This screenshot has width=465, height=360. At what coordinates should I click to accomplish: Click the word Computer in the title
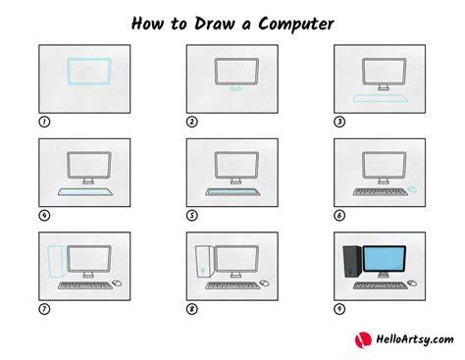(296, 25)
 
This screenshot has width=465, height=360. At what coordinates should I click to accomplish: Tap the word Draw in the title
(215, 24)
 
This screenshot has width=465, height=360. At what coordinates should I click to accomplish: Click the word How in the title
(147, 24)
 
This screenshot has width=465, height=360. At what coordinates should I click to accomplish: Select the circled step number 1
(44, 122)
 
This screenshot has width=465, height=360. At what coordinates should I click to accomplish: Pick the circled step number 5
(192, 215)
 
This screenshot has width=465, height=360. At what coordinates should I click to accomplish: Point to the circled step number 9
(339, 309)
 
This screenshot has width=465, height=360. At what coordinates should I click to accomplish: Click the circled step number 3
(339, 122)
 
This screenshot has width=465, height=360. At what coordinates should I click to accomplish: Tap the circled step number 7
(44, 309)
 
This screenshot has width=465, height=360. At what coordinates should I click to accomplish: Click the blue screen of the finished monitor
(385, 259)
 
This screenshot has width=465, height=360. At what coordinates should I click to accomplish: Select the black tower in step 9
(352, 262)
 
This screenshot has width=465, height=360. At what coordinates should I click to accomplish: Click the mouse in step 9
(412, 283)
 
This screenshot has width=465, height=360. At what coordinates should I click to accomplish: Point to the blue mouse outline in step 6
(413, 189)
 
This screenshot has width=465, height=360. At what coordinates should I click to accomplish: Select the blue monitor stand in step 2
(235, 88)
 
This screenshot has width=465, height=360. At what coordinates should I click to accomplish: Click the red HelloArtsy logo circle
(363, 339)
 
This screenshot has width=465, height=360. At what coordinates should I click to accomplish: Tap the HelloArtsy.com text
(415, 339)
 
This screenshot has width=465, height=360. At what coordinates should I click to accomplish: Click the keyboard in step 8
(232, 285)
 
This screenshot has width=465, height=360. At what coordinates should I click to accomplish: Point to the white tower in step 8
(205, 262)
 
